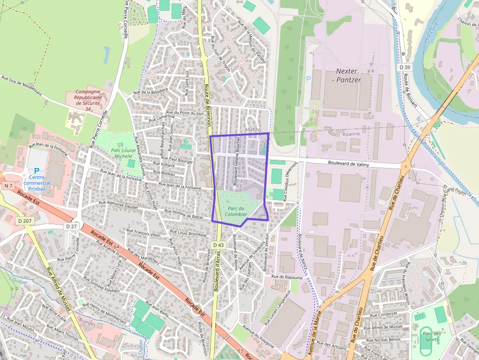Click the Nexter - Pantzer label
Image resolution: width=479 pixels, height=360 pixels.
[348, 75]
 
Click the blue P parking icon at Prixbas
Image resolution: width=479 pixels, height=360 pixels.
[37, 170]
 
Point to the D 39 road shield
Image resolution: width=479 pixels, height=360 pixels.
[404, 67]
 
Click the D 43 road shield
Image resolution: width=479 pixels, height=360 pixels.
[218, 245]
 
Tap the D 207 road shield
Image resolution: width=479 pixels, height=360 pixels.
[26, 221]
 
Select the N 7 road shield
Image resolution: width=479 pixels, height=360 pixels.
[8, 186]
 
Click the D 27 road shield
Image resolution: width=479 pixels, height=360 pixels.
[71, 226]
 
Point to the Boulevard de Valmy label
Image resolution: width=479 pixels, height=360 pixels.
[348, 164]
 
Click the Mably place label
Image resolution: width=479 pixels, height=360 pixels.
[253, 129]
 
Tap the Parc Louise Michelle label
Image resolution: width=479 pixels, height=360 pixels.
[123, 153]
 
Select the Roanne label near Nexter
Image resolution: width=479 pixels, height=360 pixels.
[351, 133]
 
